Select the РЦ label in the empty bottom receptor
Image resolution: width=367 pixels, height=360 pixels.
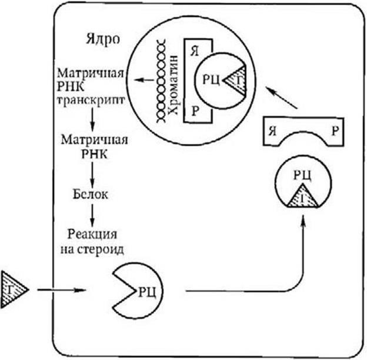(x=146, y=289)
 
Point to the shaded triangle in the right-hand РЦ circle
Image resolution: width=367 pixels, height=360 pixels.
(x=301, y=196)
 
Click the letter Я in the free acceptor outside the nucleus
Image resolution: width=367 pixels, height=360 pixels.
(x=271, y=131)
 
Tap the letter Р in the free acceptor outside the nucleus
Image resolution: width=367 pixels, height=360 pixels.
(x=334, y=131)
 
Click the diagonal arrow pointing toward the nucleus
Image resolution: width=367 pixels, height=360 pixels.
(x=281, y=98)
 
